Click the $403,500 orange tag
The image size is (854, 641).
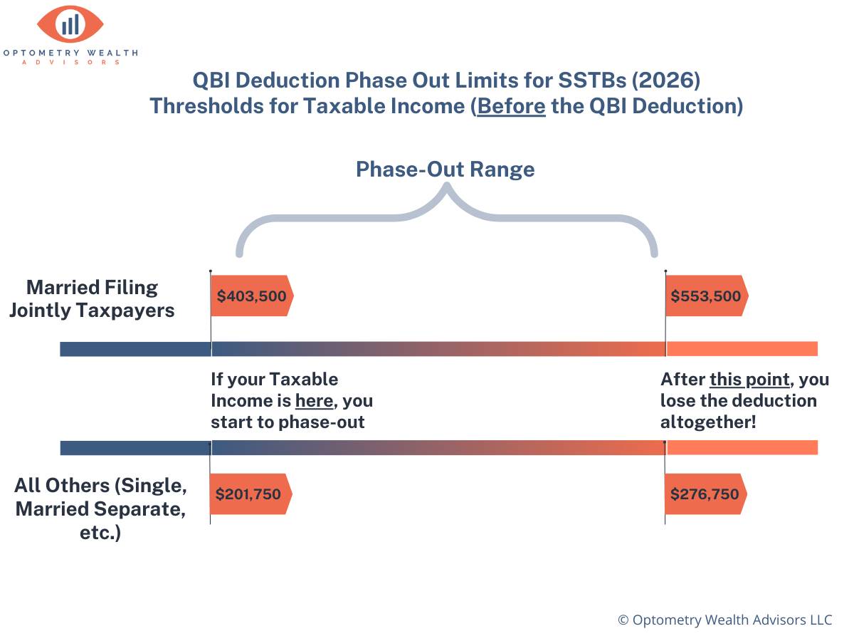[x=251, y=295]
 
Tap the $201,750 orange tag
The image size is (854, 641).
[x=250, y=494]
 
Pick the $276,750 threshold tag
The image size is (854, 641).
[x=705, y=494]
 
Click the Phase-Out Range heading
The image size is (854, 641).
[x=445, y=170]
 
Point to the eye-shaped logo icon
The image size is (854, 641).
[x=70, y=25]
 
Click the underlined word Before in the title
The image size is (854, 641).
[x=512, y=105]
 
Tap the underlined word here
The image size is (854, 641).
[x=314, y=401]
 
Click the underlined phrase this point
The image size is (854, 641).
[x=749, y=380]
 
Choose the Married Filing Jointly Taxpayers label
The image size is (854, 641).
[x=92, y=298]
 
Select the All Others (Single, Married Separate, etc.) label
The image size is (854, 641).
[x=100, y=509]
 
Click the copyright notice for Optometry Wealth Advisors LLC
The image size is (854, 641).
[x=724, y=620]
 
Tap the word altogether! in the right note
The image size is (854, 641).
[x=708, y=422]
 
